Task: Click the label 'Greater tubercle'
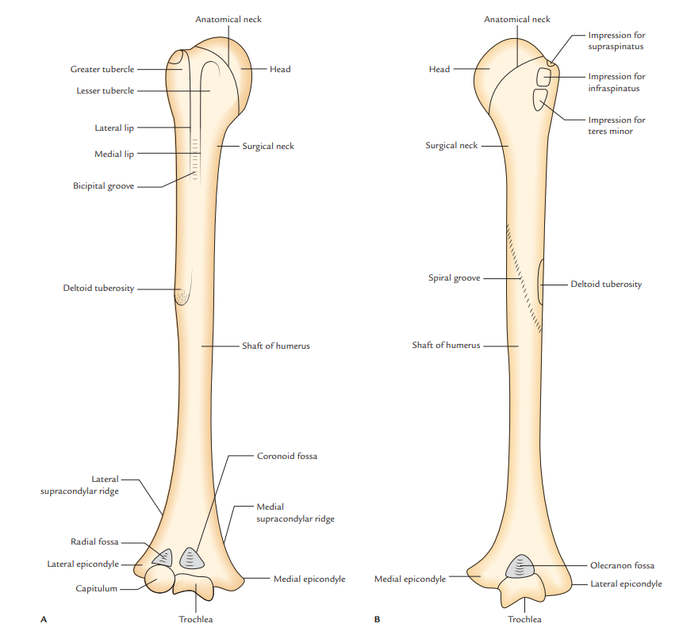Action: click(x=102, y=70)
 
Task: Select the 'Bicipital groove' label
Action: click(x=103, y=186)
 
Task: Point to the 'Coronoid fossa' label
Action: click(x=286, y=457)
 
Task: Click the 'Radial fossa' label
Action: click(x=94, y=541)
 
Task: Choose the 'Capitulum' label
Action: click(x=96, y=588)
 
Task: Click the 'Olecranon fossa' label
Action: click(x=622, y=566)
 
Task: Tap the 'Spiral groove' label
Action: click(x=454, y=278)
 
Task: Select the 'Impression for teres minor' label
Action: click(x=616, y=125)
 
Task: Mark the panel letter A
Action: click(x=42, y=617)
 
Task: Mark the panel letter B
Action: click(x=377, y=617)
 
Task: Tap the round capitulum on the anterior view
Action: click(x=158, y=579)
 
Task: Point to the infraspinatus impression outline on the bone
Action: click(x=544, y=77)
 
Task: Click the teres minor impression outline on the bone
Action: click(x=542, y=100)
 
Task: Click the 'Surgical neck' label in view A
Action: click(x=268, y=147)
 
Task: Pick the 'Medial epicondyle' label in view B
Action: click(x=409, y=579)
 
